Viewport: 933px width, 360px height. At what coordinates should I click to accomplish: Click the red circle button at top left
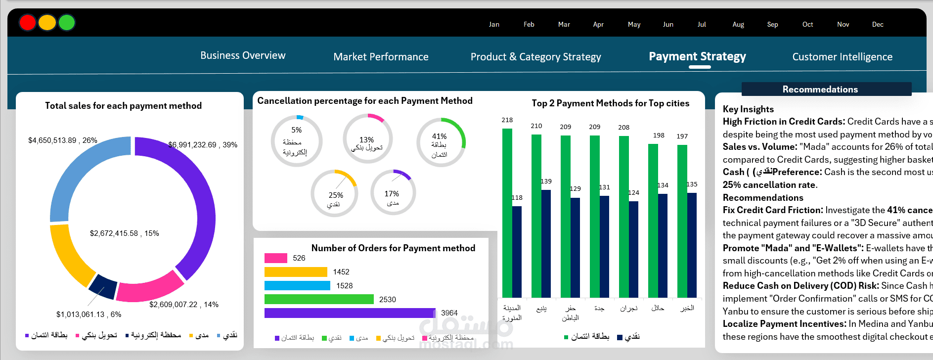(x=28, y=22)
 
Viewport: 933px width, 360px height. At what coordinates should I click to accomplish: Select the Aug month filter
(x=738, y=24)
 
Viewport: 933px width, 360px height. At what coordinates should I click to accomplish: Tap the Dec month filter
(x=878, y=24)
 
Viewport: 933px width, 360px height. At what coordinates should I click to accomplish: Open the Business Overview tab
(x=243, y=55)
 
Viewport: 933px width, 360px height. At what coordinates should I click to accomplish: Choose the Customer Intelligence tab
(x=842, y=57)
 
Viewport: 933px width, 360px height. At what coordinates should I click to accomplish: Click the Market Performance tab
(x=381, y=57)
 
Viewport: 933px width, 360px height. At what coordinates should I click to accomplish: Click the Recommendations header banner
(x=826, y=89)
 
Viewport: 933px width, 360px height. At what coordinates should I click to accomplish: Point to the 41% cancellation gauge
(x=441, y=142)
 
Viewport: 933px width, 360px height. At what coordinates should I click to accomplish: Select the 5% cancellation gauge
(x=296, y=141)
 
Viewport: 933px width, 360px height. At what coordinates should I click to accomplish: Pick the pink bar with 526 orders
(x=275, y=258)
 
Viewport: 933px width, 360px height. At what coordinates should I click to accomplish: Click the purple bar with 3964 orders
(x=350, y=313)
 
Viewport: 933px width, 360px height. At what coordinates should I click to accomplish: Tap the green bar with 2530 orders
(x=319, y=299)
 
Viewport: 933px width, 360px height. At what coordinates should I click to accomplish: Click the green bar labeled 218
(x=507, y=213)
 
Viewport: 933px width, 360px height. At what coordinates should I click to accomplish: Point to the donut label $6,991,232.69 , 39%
(x=203, y=145)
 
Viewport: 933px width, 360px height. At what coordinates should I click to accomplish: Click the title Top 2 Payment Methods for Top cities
(x=610, y=103)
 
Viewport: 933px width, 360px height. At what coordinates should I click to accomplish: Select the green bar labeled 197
(x=682, y=221)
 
